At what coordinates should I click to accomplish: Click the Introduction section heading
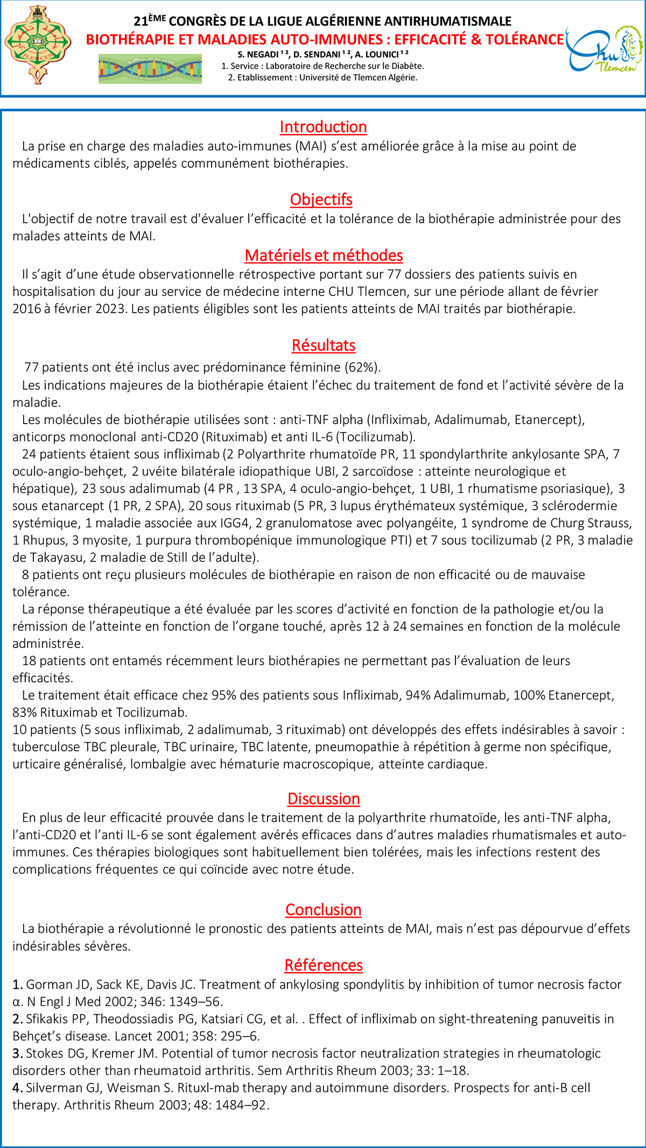[x=323, y=127]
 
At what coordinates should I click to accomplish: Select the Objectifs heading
[x=321, y=200]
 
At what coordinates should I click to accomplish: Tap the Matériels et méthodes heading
[x=324, y=256]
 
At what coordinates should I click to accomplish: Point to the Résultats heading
[x=324, y=346]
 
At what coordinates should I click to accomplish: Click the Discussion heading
[x=324, y=799]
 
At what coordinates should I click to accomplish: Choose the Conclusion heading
[x=324, y=910]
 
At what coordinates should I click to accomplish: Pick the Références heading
[x=324, y=965]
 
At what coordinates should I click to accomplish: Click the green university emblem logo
[x=38, y=45]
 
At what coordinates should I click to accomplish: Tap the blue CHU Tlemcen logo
[x=604, y=50]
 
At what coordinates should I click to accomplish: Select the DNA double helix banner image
[x=150, y=68]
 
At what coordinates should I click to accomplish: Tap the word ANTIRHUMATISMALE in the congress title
[x=459, y=22]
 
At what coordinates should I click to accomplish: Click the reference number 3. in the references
[x=18, y=1053]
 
